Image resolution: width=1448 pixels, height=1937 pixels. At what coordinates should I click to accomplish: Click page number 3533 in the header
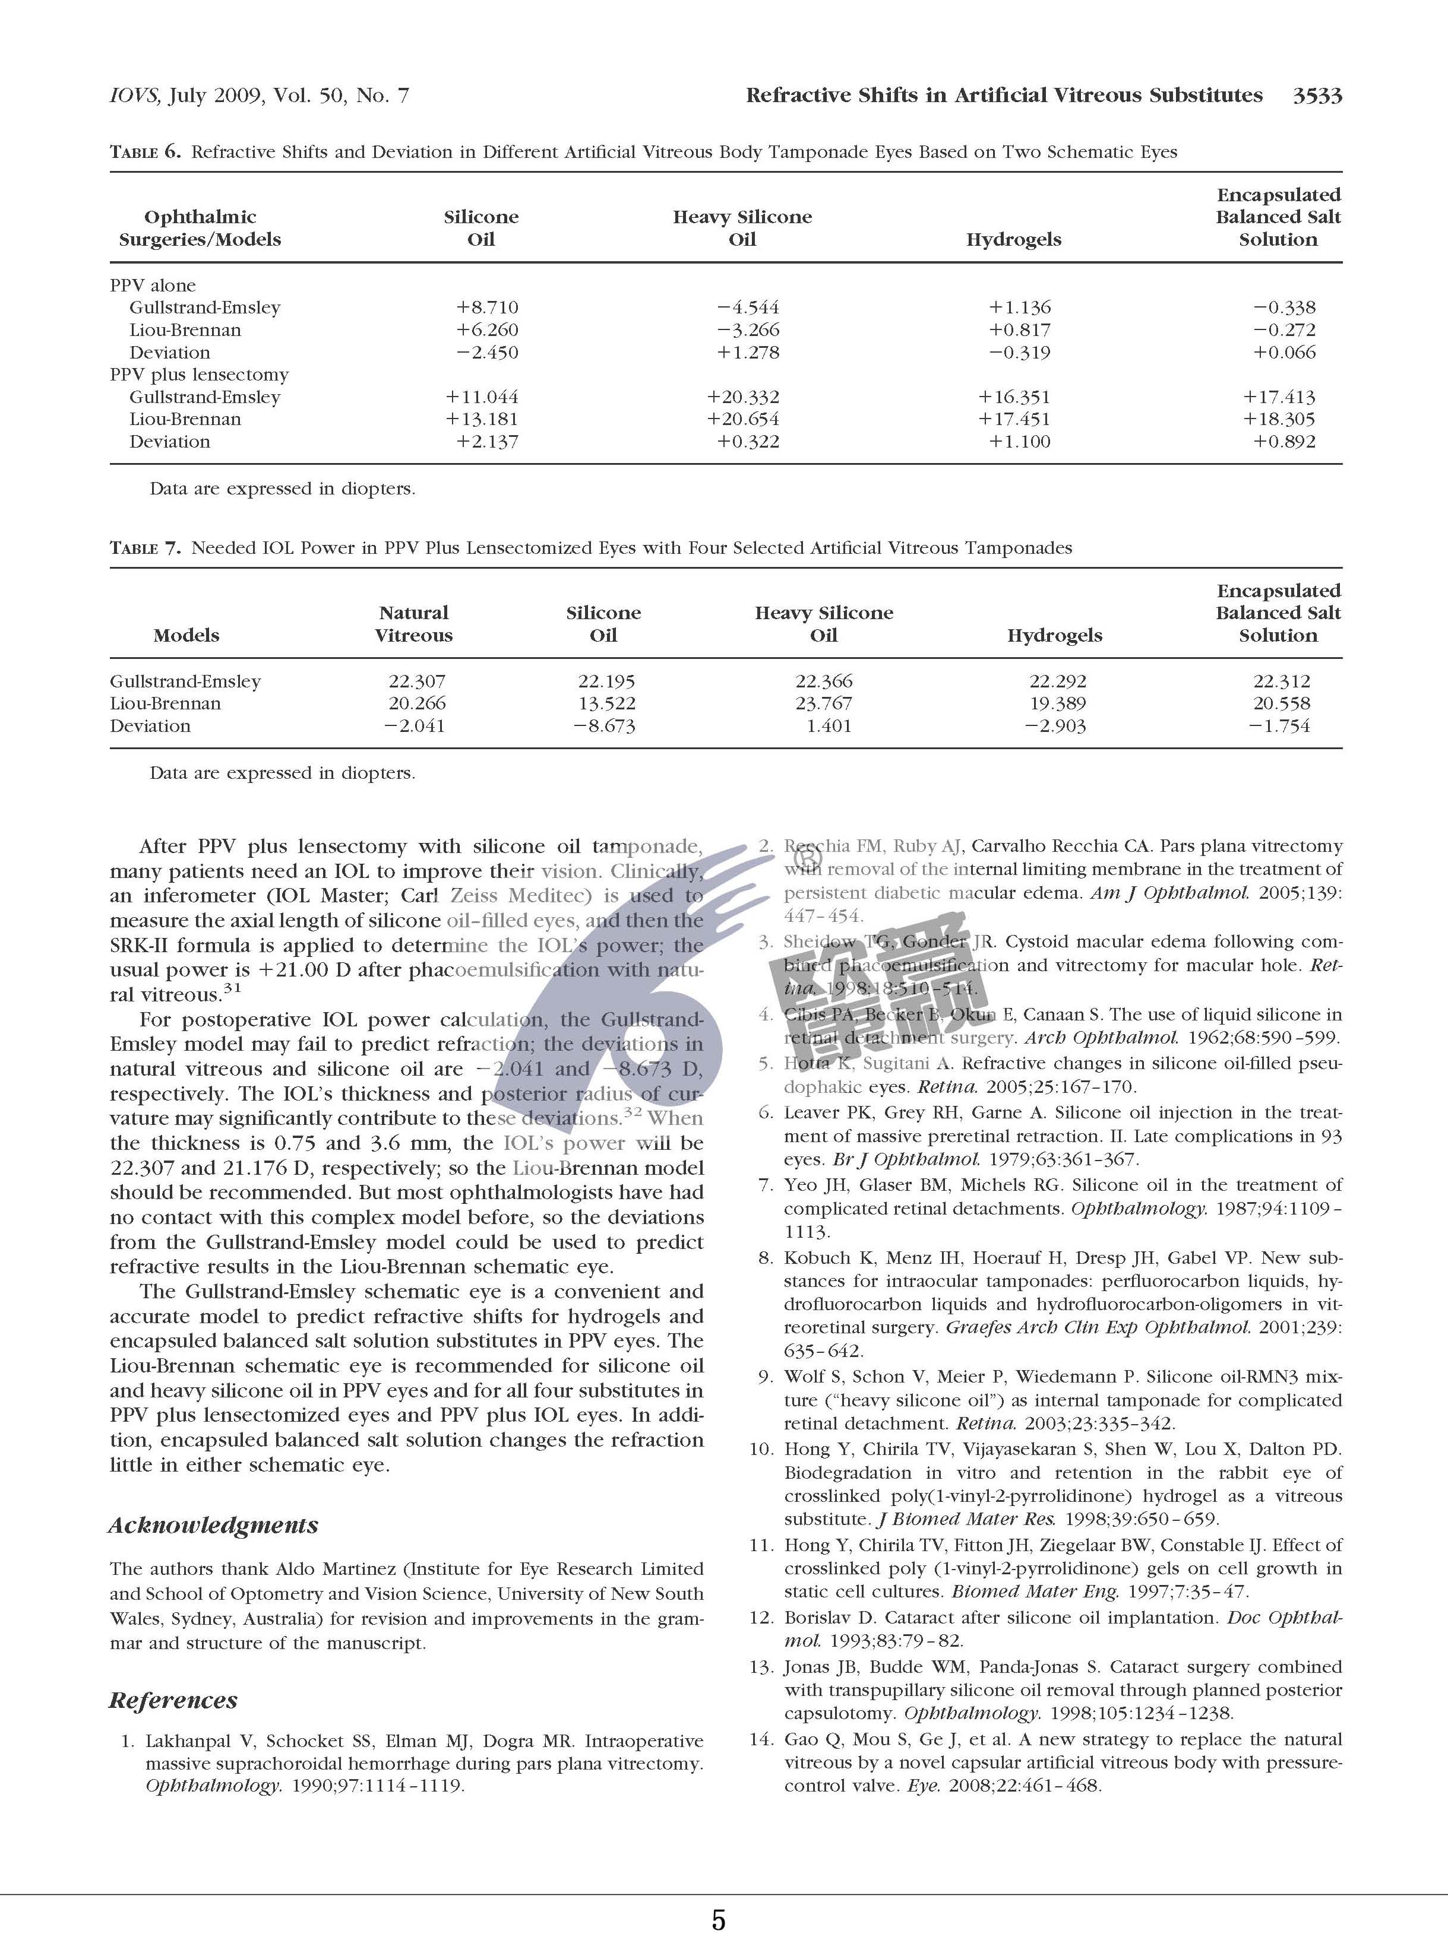[1317, 96]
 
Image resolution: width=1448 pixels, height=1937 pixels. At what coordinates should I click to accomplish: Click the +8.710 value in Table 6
[487, 307]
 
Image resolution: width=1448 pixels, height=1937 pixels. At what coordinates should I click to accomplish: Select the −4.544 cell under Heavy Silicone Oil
[747, 307]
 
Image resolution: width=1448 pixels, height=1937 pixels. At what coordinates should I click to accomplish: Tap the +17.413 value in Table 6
[1279, 397]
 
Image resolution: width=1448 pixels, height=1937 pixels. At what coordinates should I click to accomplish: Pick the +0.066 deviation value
[1284, 352]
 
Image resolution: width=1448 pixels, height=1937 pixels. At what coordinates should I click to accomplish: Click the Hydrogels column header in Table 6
[1013, 239]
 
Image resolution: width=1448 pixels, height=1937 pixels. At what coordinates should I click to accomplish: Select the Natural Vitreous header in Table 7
[413, 623]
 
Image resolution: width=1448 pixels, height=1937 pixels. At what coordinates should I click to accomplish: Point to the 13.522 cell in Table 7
[606, 703]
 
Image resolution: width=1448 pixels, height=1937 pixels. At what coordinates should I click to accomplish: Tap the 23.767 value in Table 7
[823, 703]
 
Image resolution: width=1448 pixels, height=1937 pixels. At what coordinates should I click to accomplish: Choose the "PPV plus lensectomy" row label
[199, 374]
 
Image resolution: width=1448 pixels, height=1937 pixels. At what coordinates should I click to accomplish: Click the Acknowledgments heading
[213, 1524]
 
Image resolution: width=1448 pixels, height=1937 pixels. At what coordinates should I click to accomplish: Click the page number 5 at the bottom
[718, 1919]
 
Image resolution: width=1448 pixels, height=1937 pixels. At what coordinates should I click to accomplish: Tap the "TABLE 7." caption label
[144, 548]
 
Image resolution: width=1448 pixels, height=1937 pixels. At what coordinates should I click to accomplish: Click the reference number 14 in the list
[761, 1739]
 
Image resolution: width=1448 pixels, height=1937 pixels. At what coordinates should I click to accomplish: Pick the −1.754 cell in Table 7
[1279, 726]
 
